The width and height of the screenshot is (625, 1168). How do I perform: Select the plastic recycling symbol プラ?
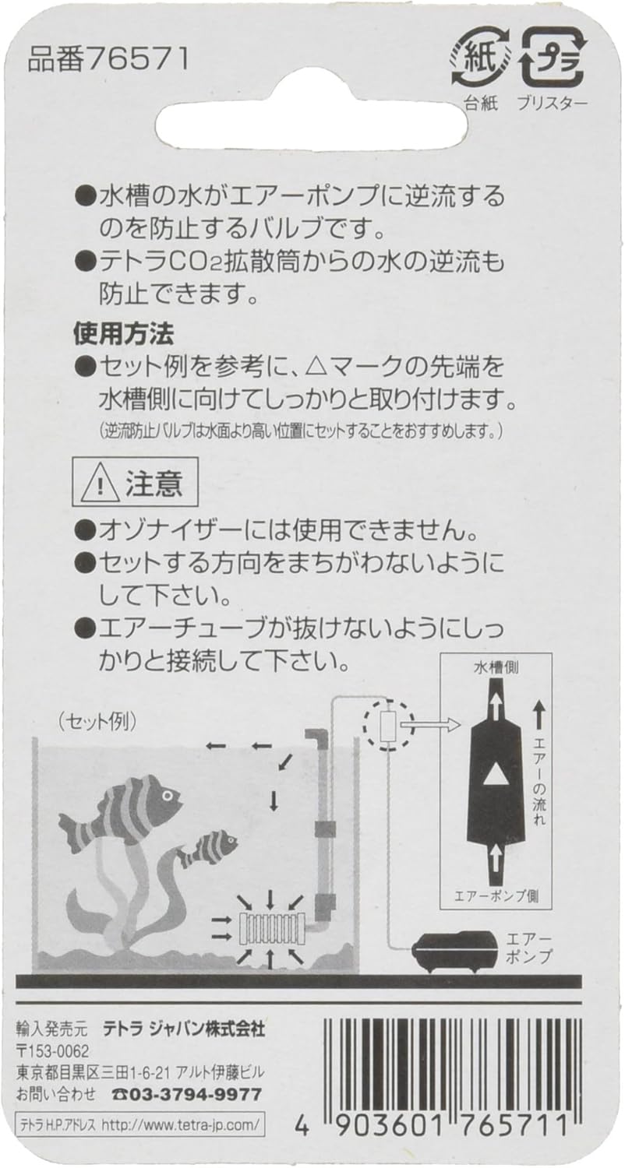coord(553,58)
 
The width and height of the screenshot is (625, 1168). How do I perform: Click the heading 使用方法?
coord(124,334)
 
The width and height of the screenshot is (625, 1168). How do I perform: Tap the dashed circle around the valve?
coord(389,881)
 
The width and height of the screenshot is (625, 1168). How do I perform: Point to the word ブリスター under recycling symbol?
coord(553,104)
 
